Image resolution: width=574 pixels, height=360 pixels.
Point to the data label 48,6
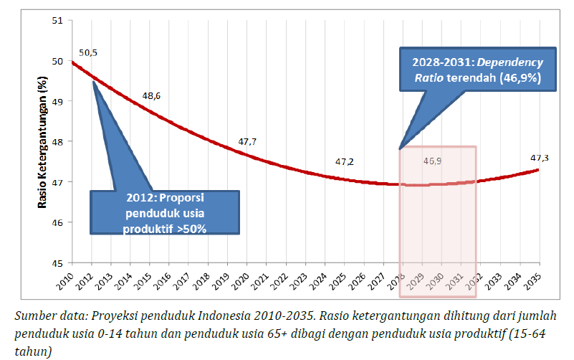pos(151,95)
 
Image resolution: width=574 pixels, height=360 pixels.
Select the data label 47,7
pos(247,142)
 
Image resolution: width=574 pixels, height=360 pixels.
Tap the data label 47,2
pos(345,162)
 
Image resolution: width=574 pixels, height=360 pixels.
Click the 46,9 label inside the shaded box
pos(432,161)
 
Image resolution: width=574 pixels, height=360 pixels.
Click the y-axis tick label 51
pos(58,20)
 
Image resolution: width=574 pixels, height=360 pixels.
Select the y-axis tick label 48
pos(58,141)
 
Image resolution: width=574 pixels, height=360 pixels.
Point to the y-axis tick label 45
pos(58,262)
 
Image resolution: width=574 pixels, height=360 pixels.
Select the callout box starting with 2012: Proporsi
pos(166,212)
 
